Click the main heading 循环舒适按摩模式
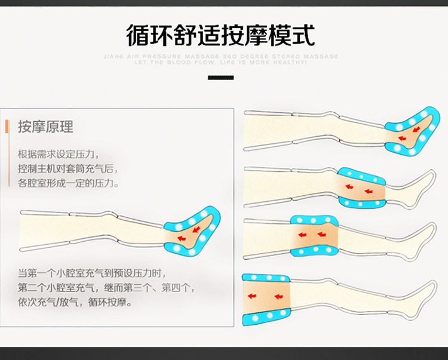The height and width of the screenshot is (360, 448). click(x=220, y=35)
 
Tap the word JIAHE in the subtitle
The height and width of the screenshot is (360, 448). click(x=112, y=57)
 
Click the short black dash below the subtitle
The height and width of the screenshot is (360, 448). click(x=220, y=78)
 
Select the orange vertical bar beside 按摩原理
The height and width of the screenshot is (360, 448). click(x=6, y=127)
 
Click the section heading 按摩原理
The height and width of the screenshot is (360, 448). click(x=45, y=127)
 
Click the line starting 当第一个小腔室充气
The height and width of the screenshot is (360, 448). click(x=90, y=273)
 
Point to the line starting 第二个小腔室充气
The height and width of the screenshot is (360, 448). click(x=106, y=288)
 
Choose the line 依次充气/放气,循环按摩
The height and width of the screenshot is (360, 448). click(x=75, y=303)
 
